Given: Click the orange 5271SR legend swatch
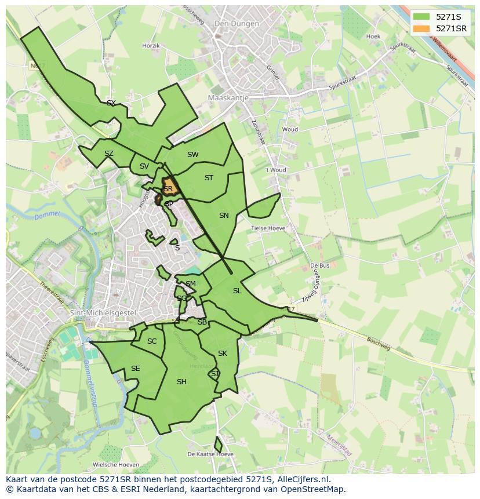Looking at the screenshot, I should [x=422, y=28].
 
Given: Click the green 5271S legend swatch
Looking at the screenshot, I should [x=422, y=17].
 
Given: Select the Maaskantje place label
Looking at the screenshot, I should [x=228, y=98].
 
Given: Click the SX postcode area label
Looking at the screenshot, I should [x=111, y=103].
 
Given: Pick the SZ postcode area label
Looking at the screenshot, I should [x=109, y=154].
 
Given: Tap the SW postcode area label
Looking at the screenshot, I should [x=193, y=155].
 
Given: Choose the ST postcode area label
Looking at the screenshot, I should [x=209, y=178].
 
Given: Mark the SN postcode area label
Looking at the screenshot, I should [x=224, y=216].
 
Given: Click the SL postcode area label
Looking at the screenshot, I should [x=237, y=291].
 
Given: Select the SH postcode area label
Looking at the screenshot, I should [x=181, y=381].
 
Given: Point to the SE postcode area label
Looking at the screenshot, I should [x=135, y=369].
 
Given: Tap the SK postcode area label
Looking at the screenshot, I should [x=223, y=354].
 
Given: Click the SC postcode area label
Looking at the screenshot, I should [x=152, y=341].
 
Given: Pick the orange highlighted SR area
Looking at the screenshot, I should [x=169, y=188].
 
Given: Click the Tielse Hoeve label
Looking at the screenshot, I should [x=268, y=228].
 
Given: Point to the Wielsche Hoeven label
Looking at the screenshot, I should [x=116, y=464].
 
